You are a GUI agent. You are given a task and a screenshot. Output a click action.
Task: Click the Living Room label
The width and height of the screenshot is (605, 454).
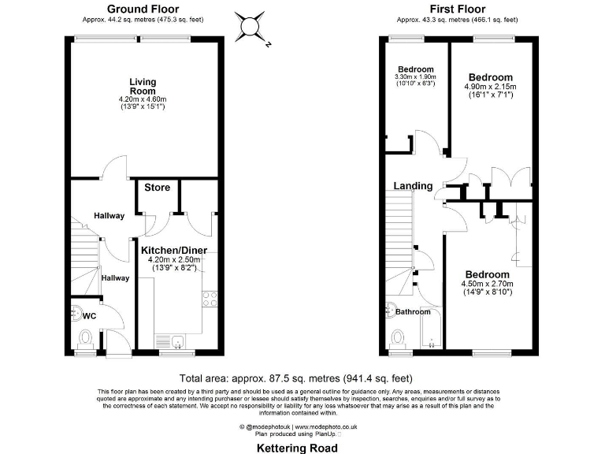(x=143, y=86)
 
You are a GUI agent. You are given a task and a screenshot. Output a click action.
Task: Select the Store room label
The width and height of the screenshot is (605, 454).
(x=157, y=188)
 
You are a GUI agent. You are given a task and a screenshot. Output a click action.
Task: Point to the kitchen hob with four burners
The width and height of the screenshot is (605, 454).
(x=210, y=298)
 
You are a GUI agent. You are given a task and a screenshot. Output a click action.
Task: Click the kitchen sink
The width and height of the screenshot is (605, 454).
(x=179, y=341)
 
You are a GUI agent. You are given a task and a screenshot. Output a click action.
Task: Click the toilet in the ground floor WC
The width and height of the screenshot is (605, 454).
(x=85, y=338)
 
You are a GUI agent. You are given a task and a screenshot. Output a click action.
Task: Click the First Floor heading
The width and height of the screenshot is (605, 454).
(x=457, y=9)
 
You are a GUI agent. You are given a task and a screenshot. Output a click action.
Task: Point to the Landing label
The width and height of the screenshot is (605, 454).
(x=414, y=186)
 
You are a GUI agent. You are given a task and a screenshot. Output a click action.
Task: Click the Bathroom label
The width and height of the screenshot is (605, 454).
(x=413, y=312)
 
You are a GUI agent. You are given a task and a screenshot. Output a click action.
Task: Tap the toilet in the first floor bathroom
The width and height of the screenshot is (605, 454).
(x=399, y=337)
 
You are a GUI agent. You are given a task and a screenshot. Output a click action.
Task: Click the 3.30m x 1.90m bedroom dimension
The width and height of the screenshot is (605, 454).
(x=415, y=76)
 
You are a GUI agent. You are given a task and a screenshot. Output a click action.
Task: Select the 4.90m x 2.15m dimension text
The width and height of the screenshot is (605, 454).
(x=489, y=86)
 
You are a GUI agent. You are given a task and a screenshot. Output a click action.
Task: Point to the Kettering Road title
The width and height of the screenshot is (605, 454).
(x=298, y=448)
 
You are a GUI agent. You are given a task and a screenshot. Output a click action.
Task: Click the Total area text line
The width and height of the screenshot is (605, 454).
(x=296, y=378)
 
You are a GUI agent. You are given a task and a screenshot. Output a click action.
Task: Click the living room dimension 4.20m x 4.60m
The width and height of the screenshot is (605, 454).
(x=143, y=99)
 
